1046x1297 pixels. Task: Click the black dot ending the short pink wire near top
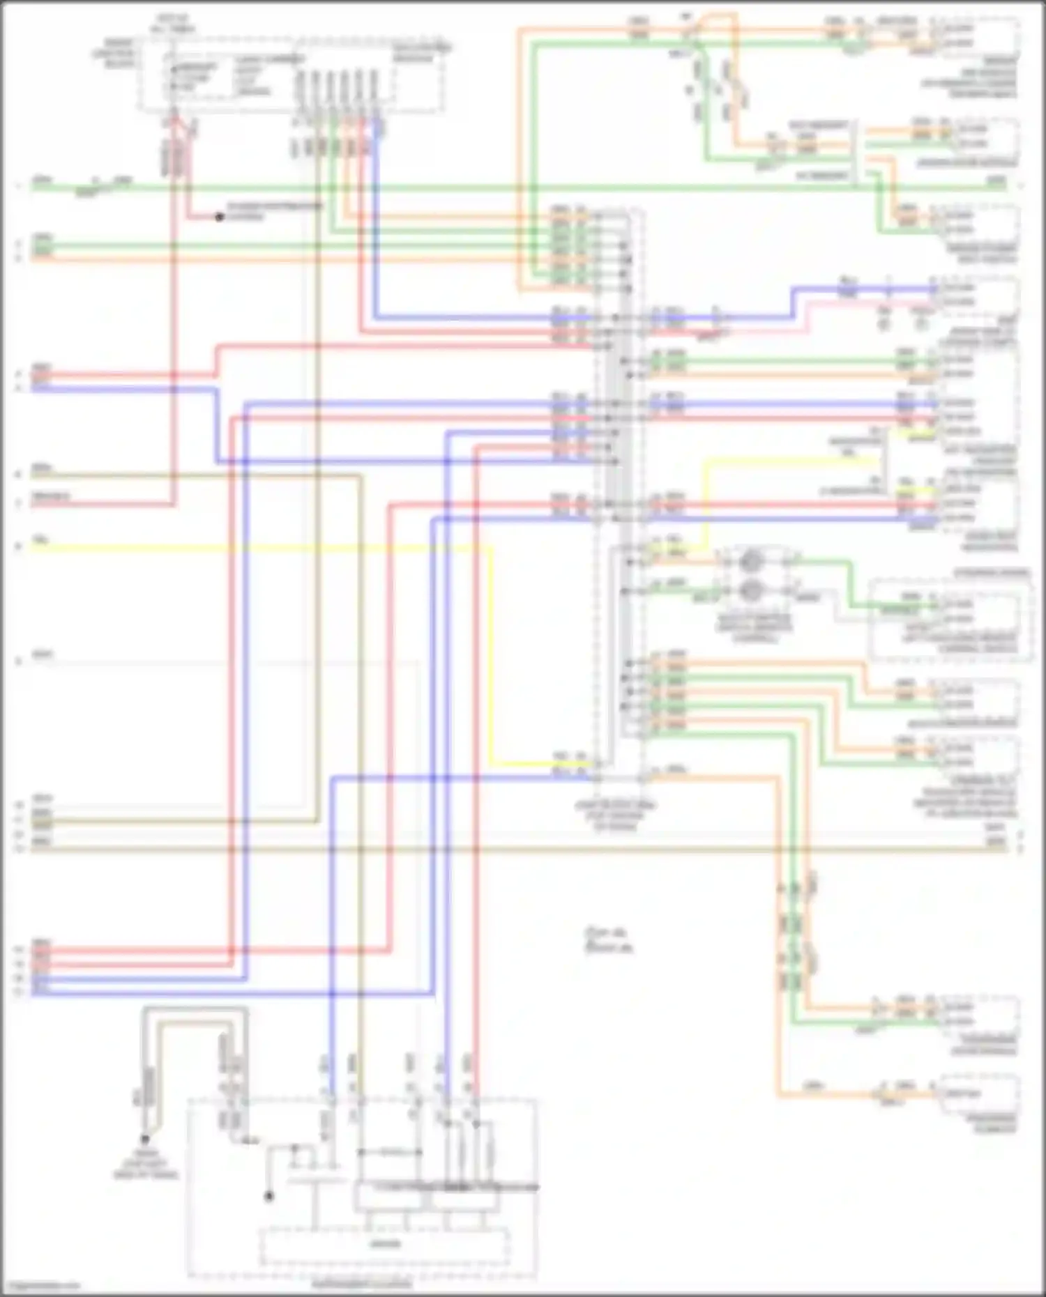tap(219, 217)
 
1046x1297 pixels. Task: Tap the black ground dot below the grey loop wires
tap(145, 1139)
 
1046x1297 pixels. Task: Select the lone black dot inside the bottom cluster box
tap(268, 1197)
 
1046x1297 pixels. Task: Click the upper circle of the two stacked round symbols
tap(750, 560)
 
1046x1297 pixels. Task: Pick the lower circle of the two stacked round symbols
tap(750, 591)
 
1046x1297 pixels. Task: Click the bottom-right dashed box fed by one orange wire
tap(980, 1094)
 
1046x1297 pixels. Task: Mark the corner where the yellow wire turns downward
tap(492, 548)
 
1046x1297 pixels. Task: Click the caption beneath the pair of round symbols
tap(753, 627)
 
